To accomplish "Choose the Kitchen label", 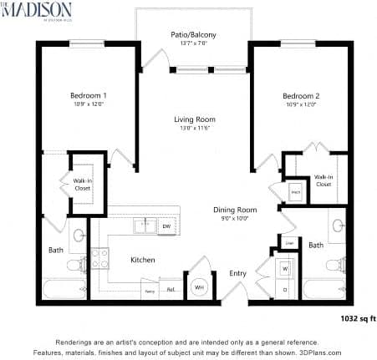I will [143, 260].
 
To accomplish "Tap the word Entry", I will [238, 273].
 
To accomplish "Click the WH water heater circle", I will [200, 286].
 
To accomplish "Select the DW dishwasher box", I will [166, 226].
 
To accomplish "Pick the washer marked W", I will [284, 270].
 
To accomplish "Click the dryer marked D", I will [284, 289].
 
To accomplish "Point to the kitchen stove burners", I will [100, 259].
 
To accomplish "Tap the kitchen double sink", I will [145, 225].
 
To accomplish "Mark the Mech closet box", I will [295, 191].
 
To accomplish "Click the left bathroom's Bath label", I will [55, 249].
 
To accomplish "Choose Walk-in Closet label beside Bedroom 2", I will [324, 180].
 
